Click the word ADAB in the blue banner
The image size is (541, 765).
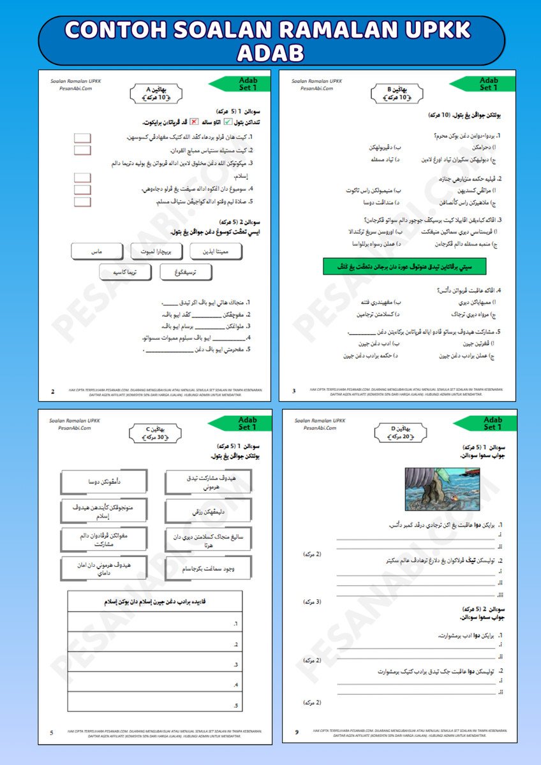(x=270, y=54)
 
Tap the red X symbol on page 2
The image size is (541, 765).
(x=195, y=121)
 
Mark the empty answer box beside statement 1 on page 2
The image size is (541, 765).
(x=82, y=138)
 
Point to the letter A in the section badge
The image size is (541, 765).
(x=149, y=90)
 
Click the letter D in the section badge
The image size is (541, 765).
(x=393, y=429)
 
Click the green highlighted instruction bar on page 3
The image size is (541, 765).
(x=404, y=266)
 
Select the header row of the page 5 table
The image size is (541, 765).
(x=154, y=601)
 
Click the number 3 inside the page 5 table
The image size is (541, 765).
(x=236, y=665)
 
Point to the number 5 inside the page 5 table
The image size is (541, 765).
(x=236, y=706)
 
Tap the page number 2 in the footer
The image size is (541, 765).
(x=52, y=391)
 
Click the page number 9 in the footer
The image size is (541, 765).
(x=296, y=732)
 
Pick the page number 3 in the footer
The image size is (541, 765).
(x=293, y=391)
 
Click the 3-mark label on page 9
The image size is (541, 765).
(x=312, y=602)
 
